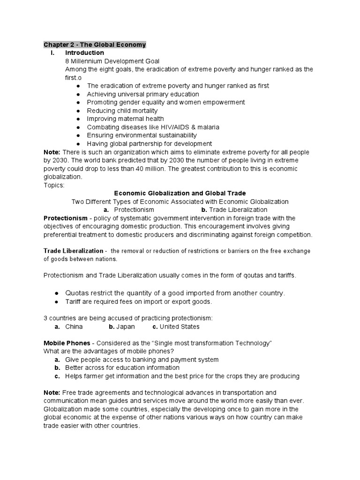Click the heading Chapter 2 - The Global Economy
[95, 45]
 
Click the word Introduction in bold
[84, 52]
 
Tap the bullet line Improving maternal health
[125, 119]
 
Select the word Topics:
[54, 185]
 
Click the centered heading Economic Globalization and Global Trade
[180, 193]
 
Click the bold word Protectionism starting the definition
[65, 218]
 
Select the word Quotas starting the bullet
[76, 293]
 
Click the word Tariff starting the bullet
[73, 301]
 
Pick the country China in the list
[74, 326]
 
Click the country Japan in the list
[126, 326]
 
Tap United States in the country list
[180, 326]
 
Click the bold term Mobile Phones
[67, 343]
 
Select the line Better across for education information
[122, 367]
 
